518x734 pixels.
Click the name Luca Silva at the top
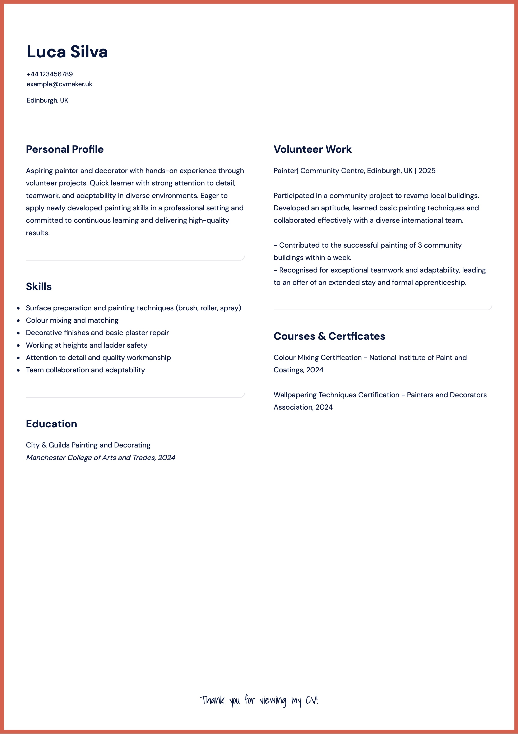tap(67, 52)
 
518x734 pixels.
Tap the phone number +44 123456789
tap(50, 74)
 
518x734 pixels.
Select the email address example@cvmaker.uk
tap(59, 84)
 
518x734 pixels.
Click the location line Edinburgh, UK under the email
tap(47, 100)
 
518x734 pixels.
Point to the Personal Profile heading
tap(65, 149)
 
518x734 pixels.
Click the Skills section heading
tap(39, 287)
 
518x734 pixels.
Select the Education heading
tap(51, 424)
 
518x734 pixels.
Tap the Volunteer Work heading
tap(312, 149)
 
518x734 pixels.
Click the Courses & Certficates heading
tap(329, 336)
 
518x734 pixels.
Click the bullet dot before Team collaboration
tap(18, 370)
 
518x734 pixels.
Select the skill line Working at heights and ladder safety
tap(87, 345)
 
